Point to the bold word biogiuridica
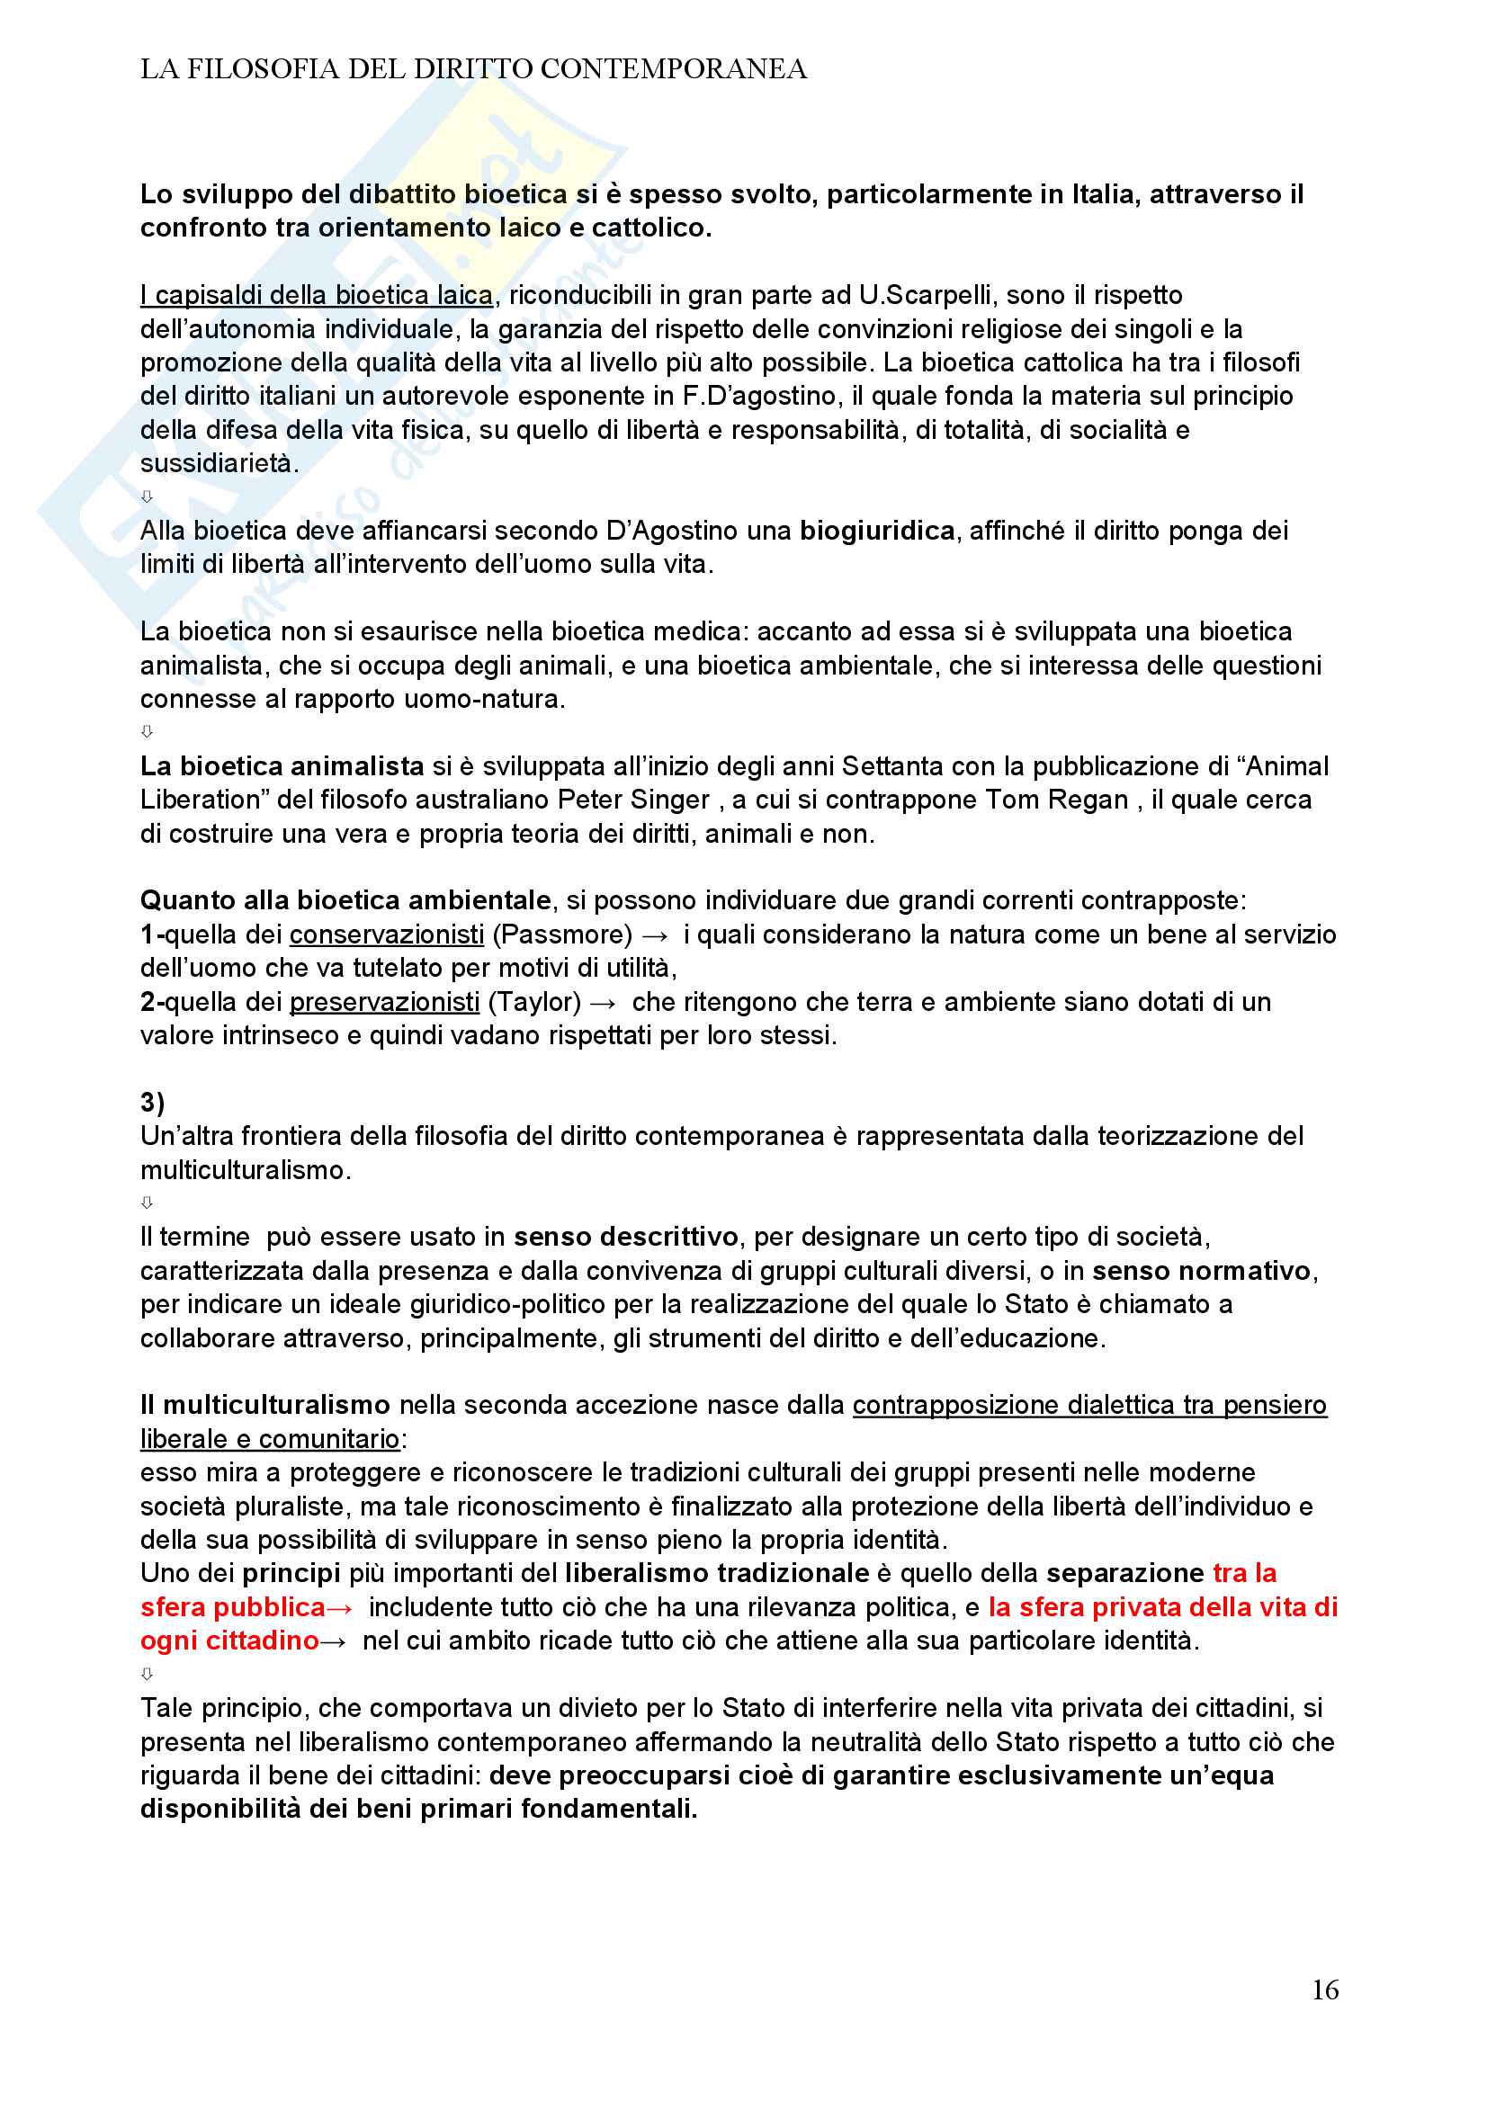pyautogui.click(x=876, y=530)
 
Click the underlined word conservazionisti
pyautogui.click(x=387, y=934)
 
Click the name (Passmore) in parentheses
pyautogui.click(x=562, y=934)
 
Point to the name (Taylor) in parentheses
pyautogui.click(x=533, y=1002)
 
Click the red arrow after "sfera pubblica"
pyautogui.click(x=340, y=1607)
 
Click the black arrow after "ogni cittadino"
pyautogui.click(x=332, y=1641)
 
